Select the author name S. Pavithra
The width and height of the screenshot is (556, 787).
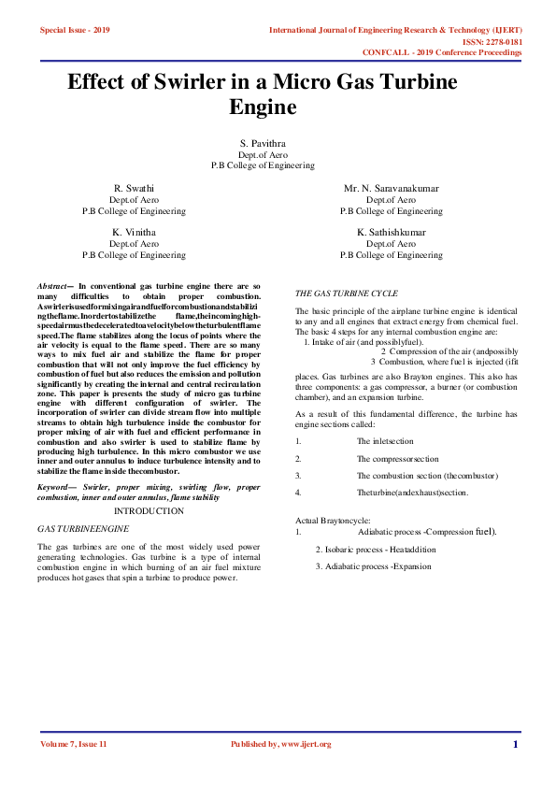[x=262, y=142]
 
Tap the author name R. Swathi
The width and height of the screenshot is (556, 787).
[x=134, y=188]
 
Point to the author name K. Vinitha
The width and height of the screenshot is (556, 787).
[x=134, y=232]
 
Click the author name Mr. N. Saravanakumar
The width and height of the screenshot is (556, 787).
[x=391, y=188]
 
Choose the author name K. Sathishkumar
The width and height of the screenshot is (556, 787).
[x=391, y=232]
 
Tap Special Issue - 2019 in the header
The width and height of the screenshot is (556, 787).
[x=75, y=31]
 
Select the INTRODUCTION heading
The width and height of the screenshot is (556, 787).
[x=149, y=511]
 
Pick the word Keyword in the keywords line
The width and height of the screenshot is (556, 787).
[x=56, y=488]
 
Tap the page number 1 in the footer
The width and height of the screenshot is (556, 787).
[x=515, y=744]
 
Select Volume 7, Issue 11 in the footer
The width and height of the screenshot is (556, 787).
[x=74, y=744]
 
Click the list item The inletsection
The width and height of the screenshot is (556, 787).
[x=384, y=440]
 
